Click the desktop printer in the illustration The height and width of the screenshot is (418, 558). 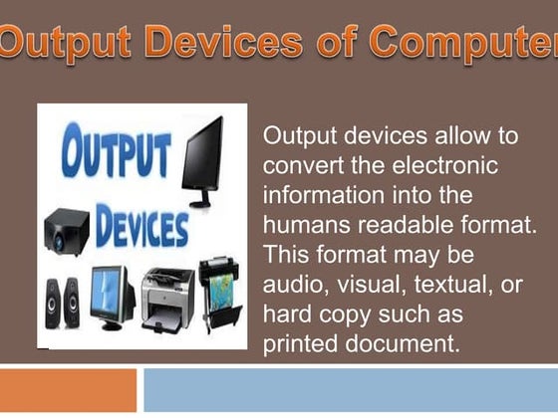pos(167,294)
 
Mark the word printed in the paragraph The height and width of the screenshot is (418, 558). pos(298,344)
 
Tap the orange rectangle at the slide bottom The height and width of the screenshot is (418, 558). pos(68,390)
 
